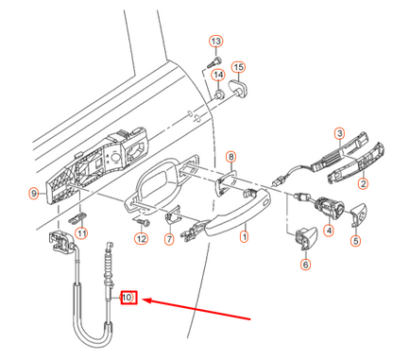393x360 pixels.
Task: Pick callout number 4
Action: (x=329, y=230)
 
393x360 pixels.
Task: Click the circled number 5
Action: (x=356, y=241)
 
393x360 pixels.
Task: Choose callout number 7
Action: (x=169, y=240)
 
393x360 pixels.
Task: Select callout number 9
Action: (x=35, y=194)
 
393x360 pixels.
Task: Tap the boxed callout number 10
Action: (x=129, y=299)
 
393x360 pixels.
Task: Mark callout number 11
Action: (x=81, y=233)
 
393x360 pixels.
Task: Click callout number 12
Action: (x=141, y=238)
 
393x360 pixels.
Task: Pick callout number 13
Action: (x=215, y=42)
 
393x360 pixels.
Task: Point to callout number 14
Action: (x=218, y=76)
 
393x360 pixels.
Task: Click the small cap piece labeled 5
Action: (x=358, y=214)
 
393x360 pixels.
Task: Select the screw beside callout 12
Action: (x=145, y=220)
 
